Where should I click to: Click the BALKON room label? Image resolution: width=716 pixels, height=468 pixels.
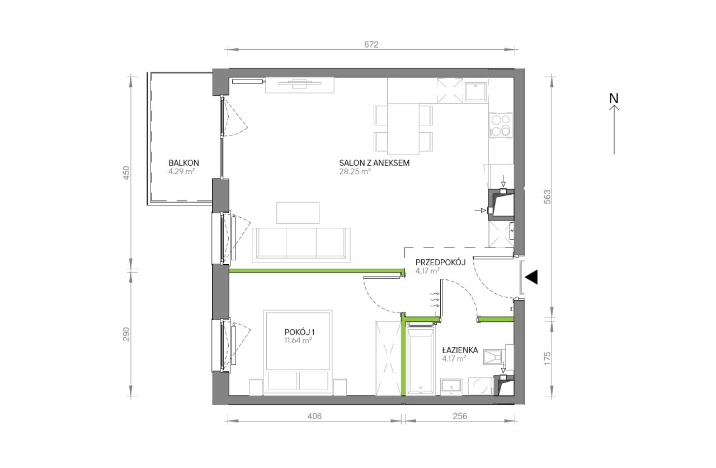(184, 163)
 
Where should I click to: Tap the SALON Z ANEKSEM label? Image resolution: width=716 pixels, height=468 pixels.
(374, 163)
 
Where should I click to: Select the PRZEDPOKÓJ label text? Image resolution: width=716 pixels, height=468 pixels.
(440, 263)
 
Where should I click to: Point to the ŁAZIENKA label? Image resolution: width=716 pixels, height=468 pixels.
(460, 350)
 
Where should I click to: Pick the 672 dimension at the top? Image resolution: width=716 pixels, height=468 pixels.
(371, 44)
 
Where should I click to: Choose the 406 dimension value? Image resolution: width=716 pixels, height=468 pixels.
(314, 416)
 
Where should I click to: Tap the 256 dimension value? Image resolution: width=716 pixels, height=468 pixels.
(460, 416)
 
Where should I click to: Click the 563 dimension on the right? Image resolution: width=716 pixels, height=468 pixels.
(548, 197)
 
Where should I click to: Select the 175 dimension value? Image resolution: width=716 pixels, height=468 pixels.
(548, 358)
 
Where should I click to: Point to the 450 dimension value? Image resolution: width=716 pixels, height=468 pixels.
(127, 173)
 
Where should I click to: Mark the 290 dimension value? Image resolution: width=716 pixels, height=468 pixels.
(127, 334)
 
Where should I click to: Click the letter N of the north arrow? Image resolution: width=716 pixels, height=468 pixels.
(614, 98)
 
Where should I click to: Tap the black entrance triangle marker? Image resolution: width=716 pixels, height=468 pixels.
(531, 277)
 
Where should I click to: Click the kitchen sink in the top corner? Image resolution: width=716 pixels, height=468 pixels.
(476, 91)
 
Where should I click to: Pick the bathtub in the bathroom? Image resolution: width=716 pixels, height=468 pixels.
(421, 361)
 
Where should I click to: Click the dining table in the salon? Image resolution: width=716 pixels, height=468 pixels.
(403, 129)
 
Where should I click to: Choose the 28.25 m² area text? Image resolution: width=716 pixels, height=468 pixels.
(355, 171)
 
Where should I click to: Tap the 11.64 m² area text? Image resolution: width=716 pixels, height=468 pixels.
(298, 340)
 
